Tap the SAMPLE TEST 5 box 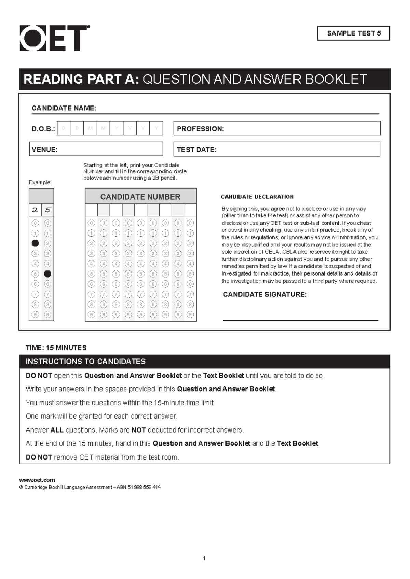pyautogui.click(x=354, y=33)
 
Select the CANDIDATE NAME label pyautogui.click(x=64, y=108)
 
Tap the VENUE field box pyautogui.click(x=96, y=149)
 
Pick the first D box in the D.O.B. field pyautogui.click(x=64, y=128)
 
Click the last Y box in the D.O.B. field pyautogui.click(x=156, y=128)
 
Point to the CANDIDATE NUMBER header pyautogui.click(x=140, y=197)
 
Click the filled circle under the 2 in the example pyautogui.click(x=35, y=243)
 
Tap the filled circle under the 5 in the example pyautogui.click(x=47, y=274)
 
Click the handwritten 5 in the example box pyautogui.click(x=47, y=210)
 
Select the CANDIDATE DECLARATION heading pyautogui.click(x=257, y=197)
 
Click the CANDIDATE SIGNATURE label pyautogui.click(x=265, y=294)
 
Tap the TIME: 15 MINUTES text pyautogui.click(x=56, y=348)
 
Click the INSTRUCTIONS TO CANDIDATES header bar pyautogui.click(x=204, y=362)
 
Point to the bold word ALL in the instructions pyautogui.click(x=57, y=430)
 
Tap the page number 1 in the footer pyautogui.click(x=204, y=559)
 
